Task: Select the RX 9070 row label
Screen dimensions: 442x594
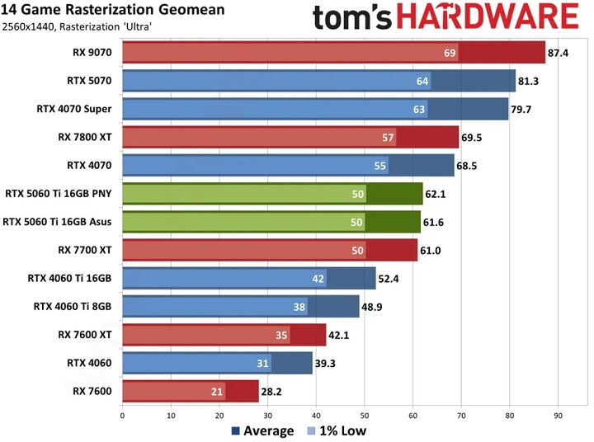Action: [x=92, y=53]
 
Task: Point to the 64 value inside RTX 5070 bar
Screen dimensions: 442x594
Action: [x=422, y=81]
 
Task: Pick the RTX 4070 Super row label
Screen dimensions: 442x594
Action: [x=74, y=108]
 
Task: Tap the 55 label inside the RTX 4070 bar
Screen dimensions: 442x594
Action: [x=380, y=166]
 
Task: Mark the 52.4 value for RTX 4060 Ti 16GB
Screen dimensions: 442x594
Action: [x=389, y=279]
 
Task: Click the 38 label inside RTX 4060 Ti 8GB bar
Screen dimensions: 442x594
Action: [x=299, y=307]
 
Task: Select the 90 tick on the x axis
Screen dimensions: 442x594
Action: [x=558, y=415]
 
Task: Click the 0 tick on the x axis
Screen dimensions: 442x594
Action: [x=122, y=415]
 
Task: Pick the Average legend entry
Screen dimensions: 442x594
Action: [x=262, y=430]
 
